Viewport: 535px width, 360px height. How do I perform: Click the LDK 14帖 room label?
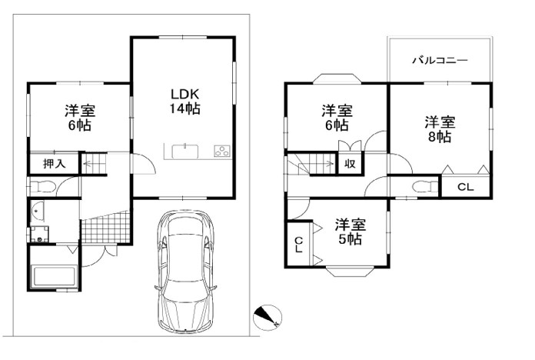[x=184, y=102]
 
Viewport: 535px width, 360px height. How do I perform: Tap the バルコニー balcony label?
[x=440, y=61]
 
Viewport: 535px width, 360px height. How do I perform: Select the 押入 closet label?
[x=55, y=164]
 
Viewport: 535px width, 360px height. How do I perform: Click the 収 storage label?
[x=350, y=164]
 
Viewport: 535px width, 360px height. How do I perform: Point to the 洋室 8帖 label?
[x=440, y=129]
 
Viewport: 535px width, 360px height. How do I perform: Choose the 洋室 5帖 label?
[x=350, y=232]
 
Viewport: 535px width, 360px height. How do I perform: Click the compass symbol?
[x=267, y=317]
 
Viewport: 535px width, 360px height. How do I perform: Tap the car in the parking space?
[x=186, y=272]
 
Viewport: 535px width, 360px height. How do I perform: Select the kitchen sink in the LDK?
[x=185, y=152]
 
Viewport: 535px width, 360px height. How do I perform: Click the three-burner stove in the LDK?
[x=222, y=151]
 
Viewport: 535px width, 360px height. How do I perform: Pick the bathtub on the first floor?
[x=54, y=277]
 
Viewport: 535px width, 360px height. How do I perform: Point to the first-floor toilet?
[x=42, y=187]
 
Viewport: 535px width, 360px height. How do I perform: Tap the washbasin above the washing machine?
[x=37, y=212]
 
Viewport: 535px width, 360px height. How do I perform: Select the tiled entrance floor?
[x=105, y=227]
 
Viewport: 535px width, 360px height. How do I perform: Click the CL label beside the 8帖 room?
[x=465, y=187]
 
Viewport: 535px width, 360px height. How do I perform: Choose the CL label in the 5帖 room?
[x=298, y=245]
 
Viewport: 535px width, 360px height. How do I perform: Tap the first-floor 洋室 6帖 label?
[x=80, y=118]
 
